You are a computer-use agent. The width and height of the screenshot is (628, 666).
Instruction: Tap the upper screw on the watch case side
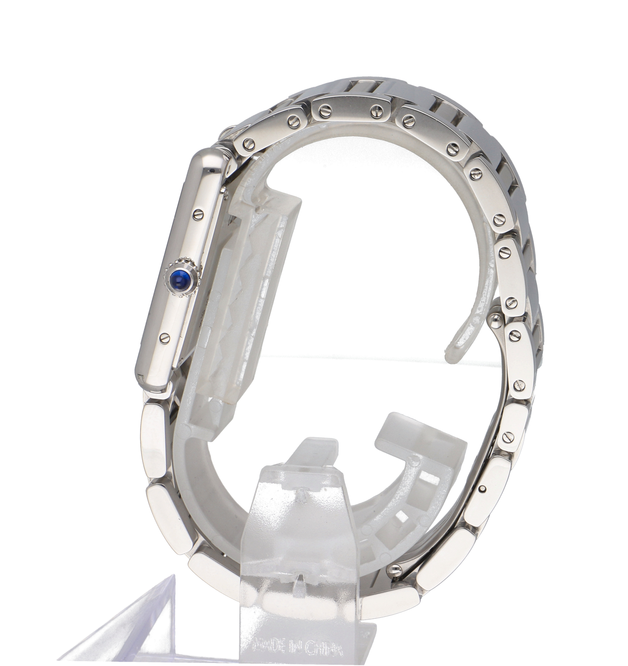point(199,212)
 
